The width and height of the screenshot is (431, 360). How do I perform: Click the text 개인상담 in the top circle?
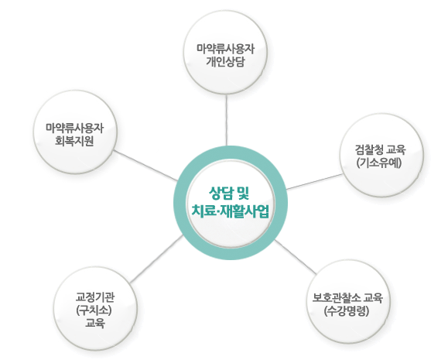click(x=225, y=62)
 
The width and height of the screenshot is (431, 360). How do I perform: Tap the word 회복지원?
click(x=74, y=141)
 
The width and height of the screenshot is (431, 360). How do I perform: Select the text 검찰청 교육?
click(x=380, y=150)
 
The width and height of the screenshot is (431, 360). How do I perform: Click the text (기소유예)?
click(x=379, y=163)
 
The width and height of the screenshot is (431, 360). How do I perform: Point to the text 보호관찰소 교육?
click(x=347, y=297)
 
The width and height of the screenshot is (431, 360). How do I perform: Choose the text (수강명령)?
click(x=347, y=311)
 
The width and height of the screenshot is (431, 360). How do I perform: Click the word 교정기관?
click(x=95, y=297)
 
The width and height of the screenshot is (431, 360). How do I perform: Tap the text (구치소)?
click(x=94, y=310)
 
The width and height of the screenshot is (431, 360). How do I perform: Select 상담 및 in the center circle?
click(x=229, y=193)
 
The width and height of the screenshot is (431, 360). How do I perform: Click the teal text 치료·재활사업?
click(x=230, y=211)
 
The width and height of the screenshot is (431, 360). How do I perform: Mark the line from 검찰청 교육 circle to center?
click(x=315, y=181)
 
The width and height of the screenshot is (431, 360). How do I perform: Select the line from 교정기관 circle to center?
click(x=156, y=259)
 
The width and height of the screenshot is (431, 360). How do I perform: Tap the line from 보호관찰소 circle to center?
click(x=296, y=257)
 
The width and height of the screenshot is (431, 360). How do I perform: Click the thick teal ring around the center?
click(x=180, y=203)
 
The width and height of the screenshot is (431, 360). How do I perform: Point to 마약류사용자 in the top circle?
click(x=225, y=49)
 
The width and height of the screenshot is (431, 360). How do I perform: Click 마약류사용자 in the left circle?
click(x=75, y=128)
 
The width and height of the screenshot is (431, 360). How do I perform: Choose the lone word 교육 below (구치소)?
click(x=95, y=323)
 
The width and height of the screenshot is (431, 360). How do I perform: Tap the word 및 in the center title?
click(x=242, y=193)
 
